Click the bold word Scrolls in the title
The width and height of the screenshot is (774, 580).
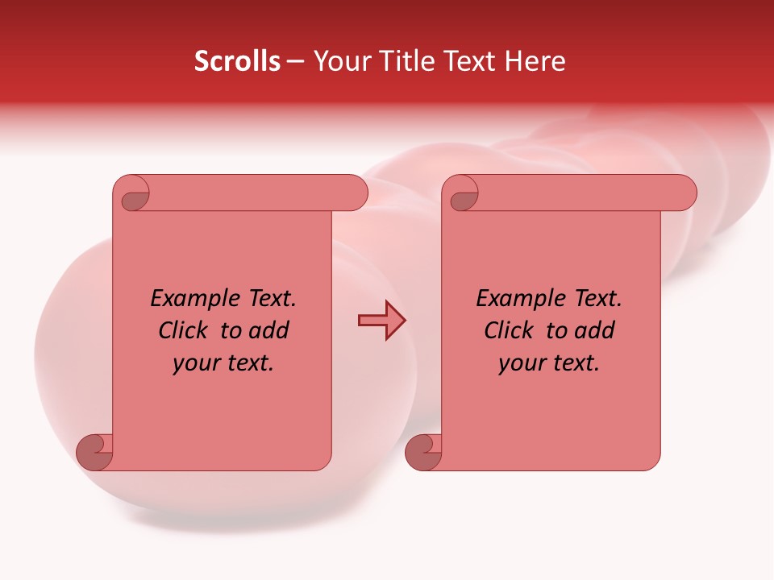237,61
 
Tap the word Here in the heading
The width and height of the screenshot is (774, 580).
535,61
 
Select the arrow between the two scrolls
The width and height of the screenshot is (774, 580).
381,321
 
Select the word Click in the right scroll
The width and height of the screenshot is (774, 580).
509,330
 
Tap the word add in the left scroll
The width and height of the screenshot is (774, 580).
270,330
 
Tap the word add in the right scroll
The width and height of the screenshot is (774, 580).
596,330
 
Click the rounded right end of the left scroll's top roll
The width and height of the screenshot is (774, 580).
356,193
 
